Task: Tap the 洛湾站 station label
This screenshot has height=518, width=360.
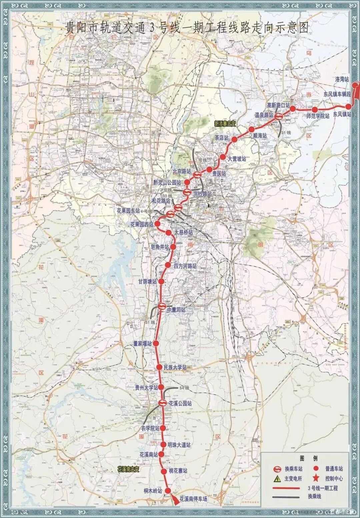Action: (342, 80)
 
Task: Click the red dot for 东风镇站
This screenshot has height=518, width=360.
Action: (348, 107)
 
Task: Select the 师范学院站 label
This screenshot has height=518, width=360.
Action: (318, 116)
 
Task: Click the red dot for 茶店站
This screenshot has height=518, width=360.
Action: (234, 140)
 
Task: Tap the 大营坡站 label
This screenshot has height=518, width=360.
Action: (237, 159)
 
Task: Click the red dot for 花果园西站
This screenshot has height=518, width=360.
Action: (157, 224)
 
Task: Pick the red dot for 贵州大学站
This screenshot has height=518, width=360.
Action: (161, 387)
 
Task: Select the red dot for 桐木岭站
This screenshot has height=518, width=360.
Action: (168, 490)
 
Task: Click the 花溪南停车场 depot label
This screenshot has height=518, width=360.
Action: (193, 499)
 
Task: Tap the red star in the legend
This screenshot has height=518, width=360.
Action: (316, 478)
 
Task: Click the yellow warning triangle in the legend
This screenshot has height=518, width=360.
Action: (277, 479)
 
